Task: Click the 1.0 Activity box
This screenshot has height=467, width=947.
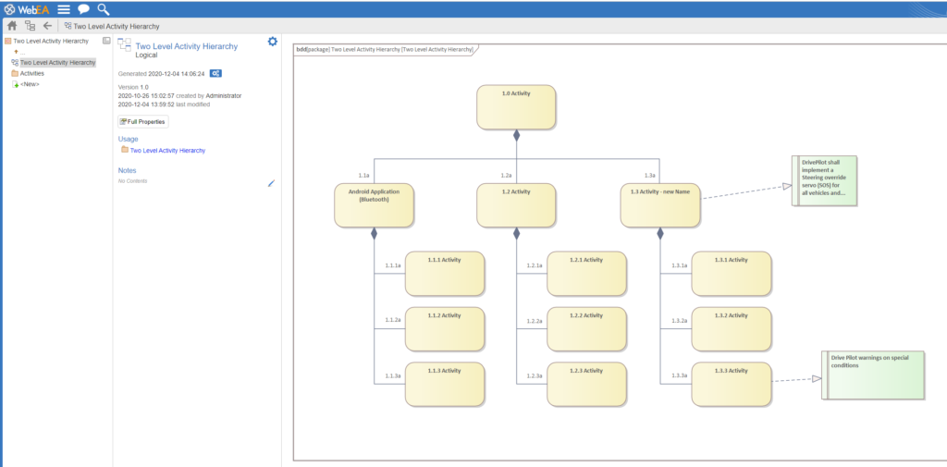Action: pyautogui.click(x=516, y=107)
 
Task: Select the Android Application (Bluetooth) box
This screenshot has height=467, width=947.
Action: pyautogui.click(x=374, y=205)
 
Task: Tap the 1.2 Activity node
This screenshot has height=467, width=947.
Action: pyautogui.click(x=516, y=205)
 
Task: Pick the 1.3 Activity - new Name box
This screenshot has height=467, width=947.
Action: pyautogui.click(x=660, y=205)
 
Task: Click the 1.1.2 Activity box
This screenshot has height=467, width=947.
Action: pyautogui.click(x=445, y=329)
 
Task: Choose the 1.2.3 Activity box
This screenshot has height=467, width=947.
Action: pyautogui.click(x=586, y=384)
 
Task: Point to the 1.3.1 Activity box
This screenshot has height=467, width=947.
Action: pyautogui.click(x=731, y=274)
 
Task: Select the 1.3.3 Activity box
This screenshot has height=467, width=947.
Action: pyautogui.click(x=731, y=384)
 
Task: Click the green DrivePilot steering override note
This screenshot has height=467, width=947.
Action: pyautogui.click(x=824, y=180)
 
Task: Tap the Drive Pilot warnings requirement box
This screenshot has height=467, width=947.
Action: pyautogui.click(x=873, y=375)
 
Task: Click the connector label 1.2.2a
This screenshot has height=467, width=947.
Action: pyautogui.click(x=535, y=321)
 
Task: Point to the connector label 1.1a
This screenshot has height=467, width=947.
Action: pyautogui.click(x=363, y=175)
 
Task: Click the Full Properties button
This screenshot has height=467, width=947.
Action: pyautogui.click(x=143, y=121)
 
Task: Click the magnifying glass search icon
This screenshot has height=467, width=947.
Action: pyautogui.click(x=104, y=9)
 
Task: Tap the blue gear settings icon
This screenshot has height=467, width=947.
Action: pyautogui.click(x=273, y=41)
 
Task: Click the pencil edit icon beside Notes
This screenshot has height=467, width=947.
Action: pyautogui.click(x=271, y=183)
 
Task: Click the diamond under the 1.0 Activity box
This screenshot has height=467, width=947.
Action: pyautogui.click(x=516, y=135)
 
